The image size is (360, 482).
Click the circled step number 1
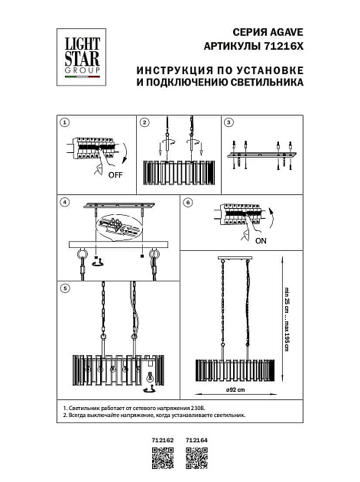[x=65, y=122]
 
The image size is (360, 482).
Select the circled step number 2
[x=144, y=122]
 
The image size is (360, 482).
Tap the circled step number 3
[x=228, y=122]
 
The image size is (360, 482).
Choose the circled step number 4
[x=65, y=203]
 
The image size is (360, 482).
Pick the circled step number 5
[x=65, y=288]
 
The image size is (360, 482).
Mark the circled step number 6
[x=188, y=203]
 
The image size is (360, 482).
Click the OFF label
[x=115, y=175]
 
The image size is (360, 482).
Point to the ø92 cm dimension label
[x=235, y=390]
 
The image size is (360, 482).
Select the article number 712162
[x=164, y=441]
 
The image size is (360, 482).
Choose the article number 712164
[x=196, y=441]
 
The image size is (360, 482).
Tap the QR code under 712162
[x=164, y=459]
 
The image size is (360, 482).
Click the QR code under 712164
[x=196, y=459]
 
